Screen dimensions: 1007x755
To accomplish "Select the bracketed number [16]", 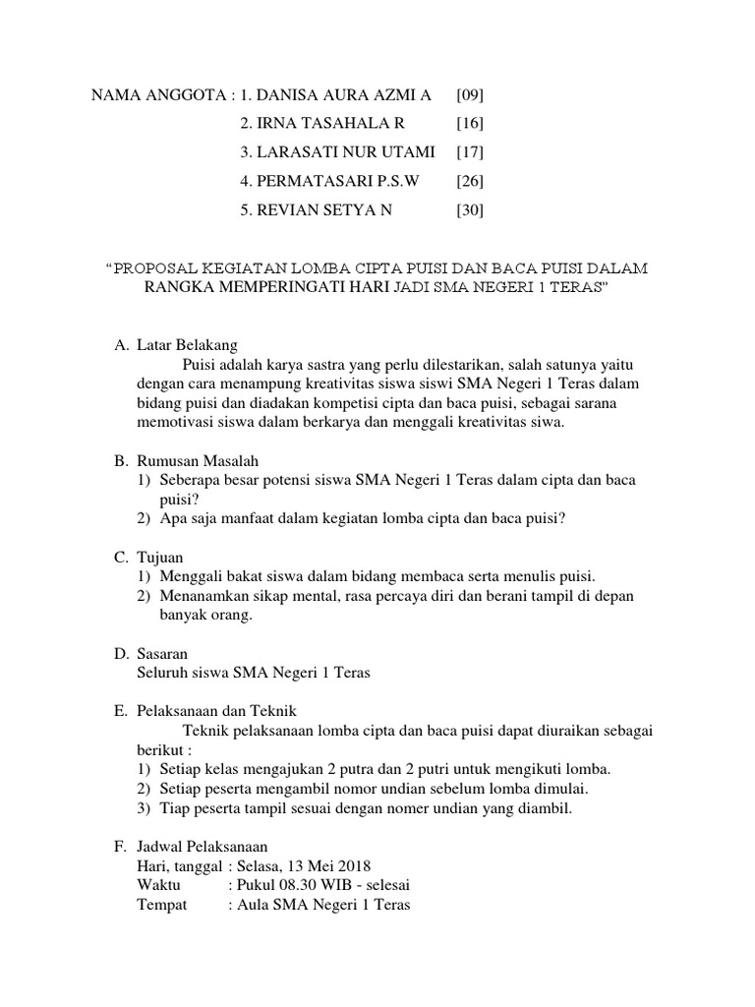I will point(470,124).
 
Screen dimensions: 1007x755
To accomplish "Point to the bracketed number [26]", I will point(470,181).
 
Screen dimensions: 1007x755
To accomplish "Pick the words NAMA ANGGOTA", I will point(157,95).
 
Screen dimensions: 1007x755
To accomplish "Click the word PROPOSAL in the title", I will point(158,267).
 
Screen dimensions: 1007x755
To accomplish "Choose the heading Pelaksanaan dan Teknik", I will point(216,710).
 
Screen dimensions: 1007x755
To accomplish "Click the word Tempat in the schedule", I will point(161,905).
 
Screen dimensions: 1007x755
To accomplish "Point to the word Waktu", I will point(159,885).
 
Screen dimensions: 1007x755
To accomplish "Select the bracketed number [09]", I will point(470,95).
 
